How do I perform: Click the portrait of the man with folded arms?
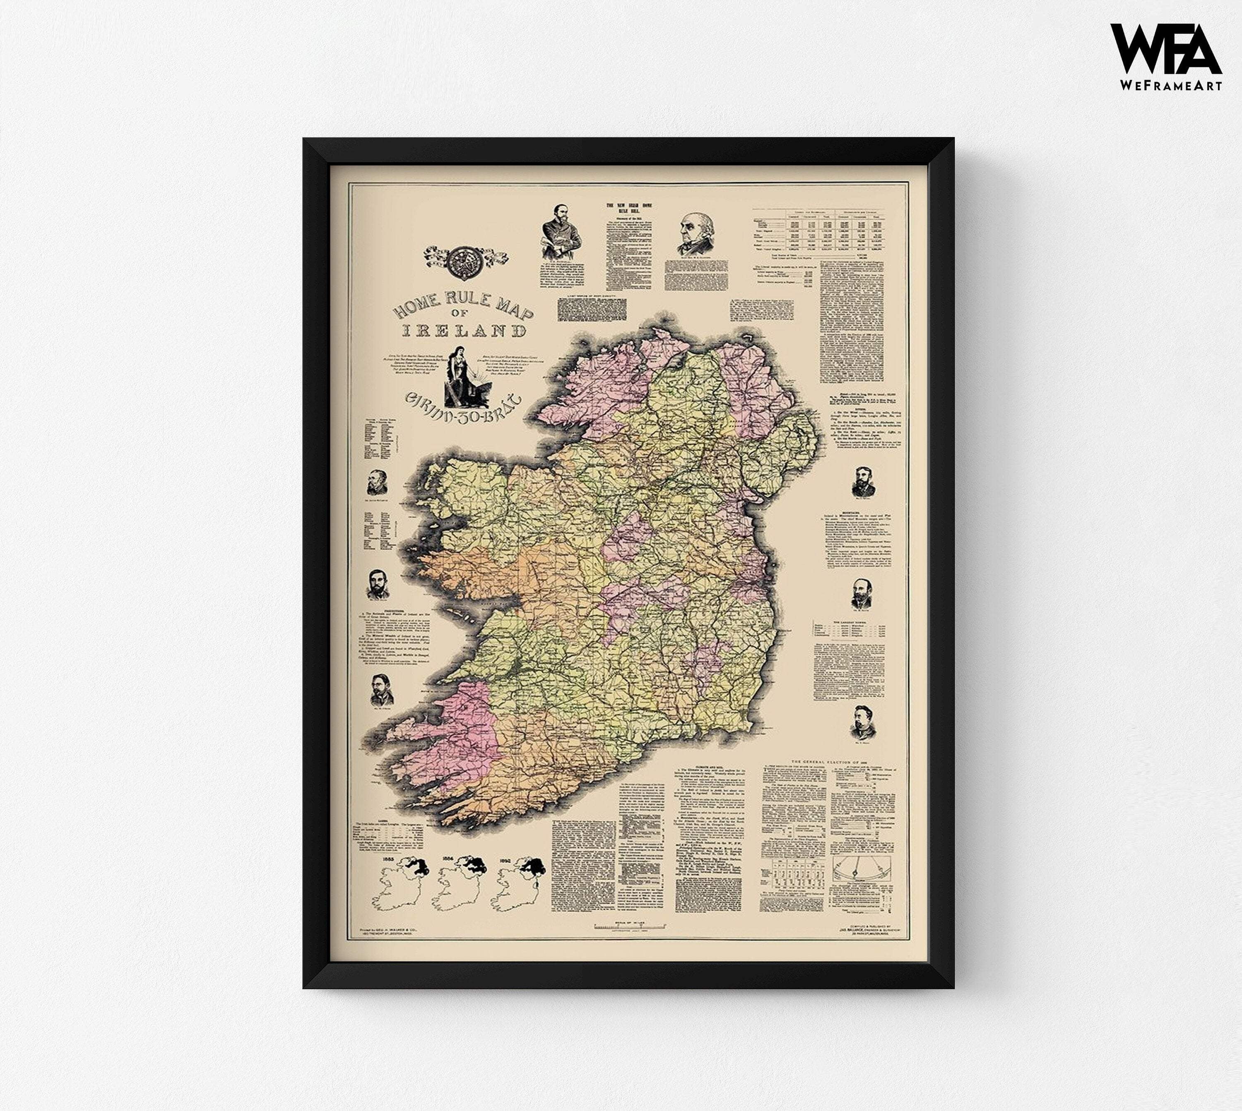pyautogui.click(x=561, y=233)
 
